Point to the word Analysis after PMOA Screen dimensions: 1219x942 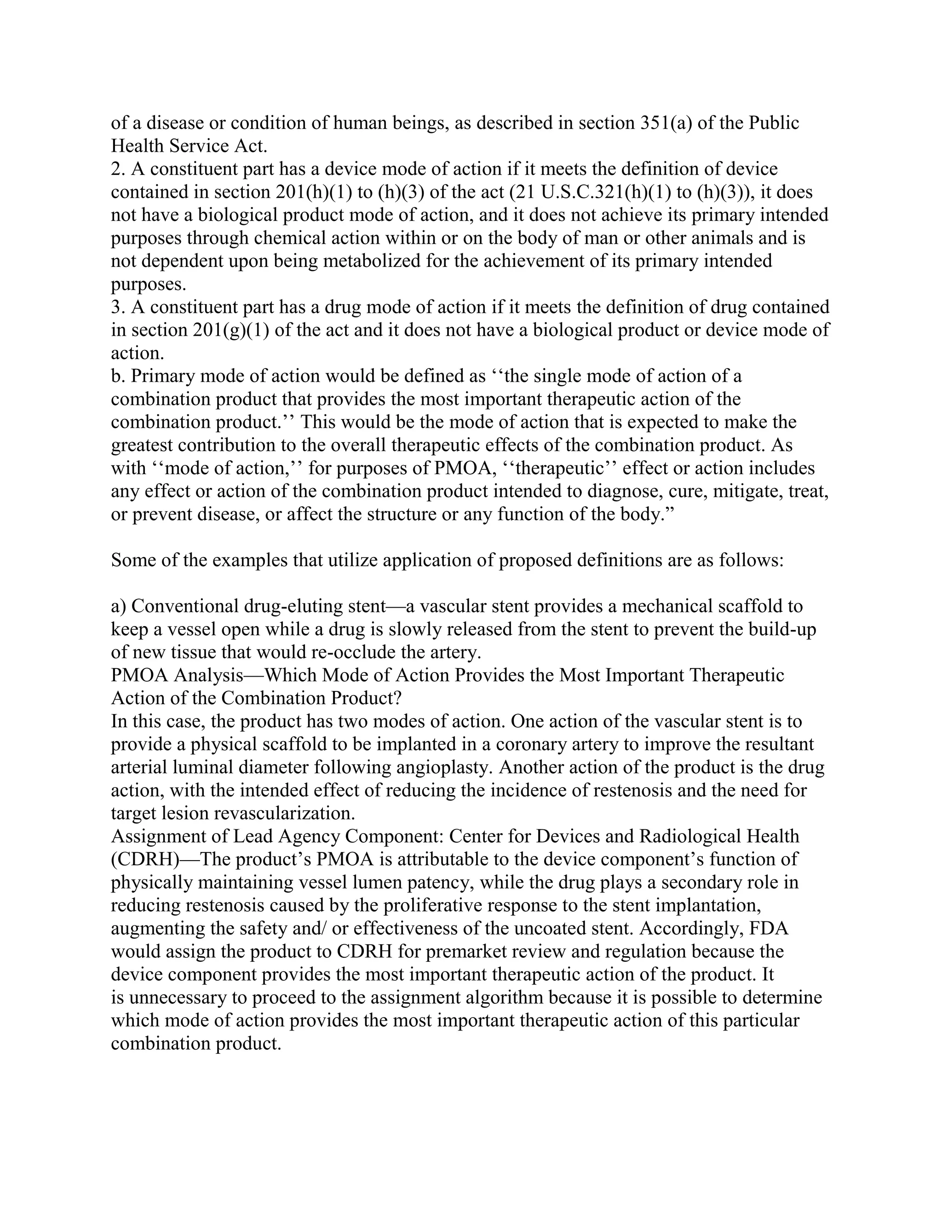point(208,675)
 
